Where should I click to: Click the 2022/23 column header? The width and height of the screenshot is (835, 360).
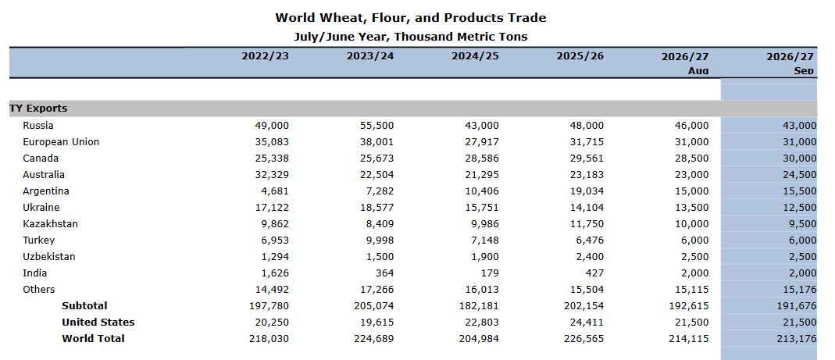266,56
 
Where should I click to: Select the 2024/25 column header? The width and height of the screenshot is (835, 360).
475,56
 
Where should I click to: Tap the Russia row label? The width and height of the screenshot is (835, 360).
37,126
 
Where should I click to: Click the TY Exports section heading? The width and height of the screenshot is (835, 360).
38,109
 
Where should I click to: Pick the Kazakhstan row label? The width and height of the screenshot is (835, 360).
50,223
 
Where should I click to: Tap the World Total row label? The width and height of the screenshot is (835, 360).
93,339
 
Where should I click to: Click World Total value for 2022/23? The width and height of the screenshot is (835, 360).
269,339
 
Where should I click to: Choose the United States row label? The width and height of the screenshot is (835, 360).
98,323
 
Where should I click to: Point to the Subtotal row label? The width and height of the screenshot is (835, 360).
84,305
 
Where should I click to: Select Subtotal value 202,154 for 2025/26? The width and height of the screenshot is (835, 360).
584,306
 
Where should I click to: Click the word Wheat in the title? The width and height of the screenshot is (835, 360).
341,18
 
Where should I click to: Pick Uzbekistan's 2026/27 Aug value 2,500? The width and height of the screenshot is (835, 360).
694,257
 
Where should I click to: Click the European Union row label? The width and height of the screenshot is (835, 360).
61,142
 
